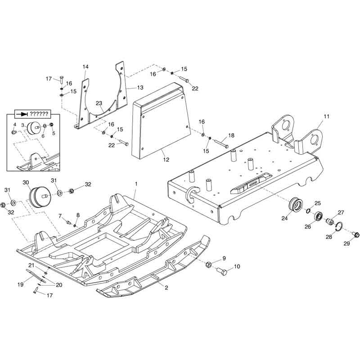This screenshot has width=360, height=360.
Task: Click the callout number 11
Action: [326, 116]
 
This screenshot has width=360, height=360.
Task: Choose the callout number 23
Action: [99, 103]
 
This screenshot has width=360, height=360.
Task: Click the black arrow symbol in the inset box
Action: [22, 114]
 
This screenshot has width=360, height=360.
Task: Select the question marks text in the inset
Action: [39, 114]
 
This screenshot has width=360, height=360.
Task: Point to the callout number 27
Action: [341, 212]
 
